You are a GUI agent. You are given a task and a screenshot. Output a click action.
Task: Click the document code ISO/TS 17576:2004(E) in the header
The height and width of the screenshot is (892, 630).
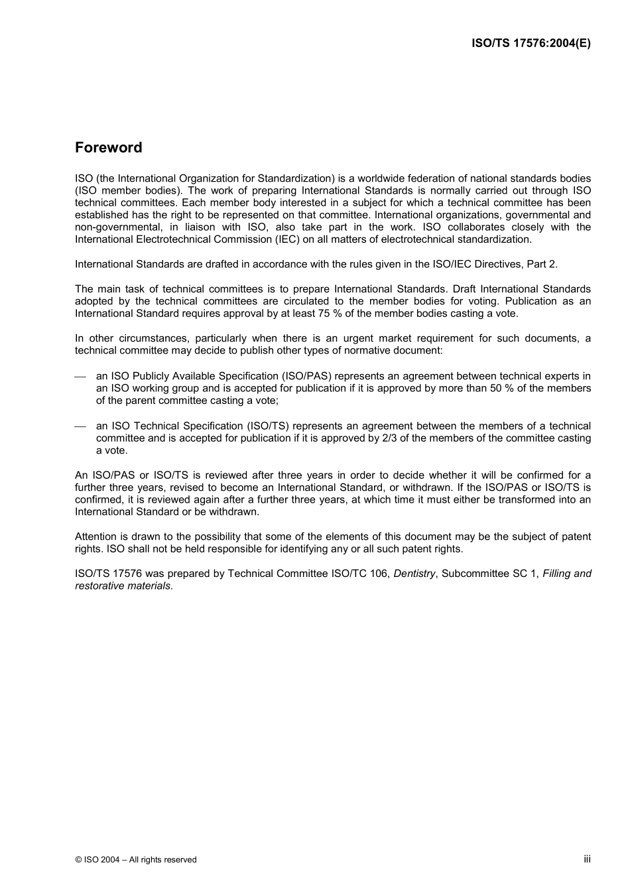[x=531, y=43]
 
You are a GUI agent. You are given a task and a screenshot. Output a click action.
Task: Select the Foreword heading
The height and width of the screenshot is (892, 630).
[x=108, y=147]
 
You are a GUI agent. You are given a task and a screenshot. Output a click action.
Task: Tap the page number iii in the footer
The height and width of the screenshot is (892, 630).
[x=587, y=859]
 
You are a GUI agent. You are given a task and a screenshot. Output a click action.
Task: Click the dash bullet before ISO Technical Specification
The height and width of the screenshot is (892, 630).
[x=80, y=426]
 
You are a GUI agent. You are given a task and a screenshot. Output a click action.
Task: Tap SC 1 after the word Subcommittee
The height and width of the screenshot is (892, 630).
[x=525, y=574]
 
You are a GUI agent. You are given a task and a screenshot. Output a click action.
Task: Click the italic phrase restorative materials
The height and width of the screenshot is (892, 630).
[x=123, y=586]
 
